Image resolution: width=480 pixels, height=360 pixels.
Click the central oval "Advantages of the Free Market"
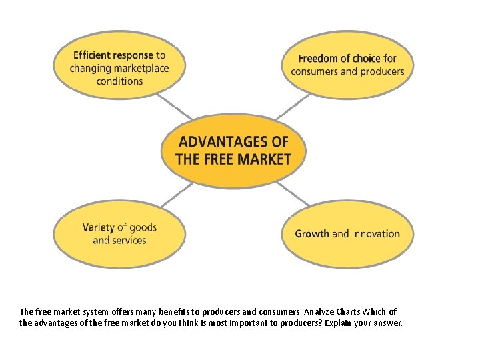click(233, 150)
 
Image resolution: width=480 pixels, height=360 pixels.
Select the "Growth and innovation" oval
click(347, 233)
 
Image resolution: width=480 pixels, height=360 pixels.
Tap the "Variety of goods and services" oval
click(119, 233)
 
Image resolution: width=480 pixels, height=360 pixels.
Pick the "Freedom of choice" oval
click(347, 65)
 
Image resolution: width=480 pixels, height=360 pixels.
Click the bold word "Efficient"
click(93, 55)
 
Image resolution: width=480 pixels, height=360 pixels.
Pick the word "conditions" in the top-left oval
click(119, 81)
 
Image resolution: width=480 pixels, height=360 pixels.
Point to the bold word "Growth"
click(312, 234)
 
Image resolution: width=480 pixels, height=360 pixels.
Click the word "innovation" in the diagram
click(376, 234)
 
